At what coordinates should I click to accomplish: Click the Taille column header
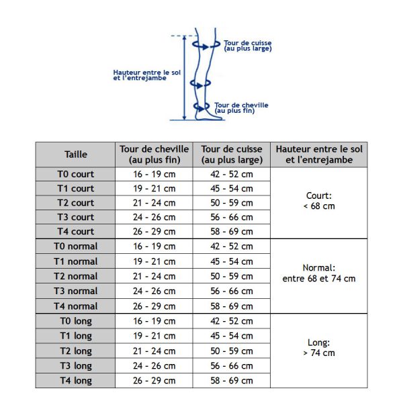pos(75,154)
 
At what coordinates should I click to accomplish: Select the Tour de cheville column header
pos(153,154)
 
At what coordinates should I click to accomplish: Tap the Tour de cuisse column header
pos(231,154)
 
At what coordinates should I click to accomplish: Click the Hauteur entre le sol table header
pos(319,154)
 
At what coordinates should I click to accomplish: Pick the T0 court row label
pos(75,174)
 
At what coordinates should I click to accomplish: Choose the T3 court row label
pos(75,217)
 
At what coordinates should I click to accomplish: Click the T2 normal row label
pos(75,276)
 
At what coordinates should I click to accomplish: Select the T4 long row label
pos(75,380)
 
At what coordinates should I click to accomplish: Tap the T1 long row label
pos(75,336)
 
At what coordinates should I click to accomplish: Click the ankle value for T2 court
pos(153,203)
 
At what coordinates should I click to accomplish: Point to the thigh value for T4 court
pos(231,232)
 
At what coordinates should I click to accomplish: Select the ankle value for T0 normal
pos(153,247)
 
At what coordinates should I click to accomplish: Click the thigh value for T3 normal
pos(231,291)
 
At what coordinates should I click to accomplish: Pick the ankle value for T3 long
pos(153,366)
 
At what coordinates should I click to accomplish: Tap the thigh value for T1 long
pos(231,336)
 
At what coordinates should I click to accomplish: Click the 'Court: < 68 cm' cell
pos(319,201)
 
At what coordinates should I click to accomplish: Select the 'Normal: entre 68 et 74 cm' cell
pos(319,273)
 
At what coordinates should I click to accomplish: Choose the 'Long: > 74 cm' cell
pos(319,347)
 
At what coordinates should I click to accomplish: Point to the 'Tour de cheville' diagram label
pos(241,107)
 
